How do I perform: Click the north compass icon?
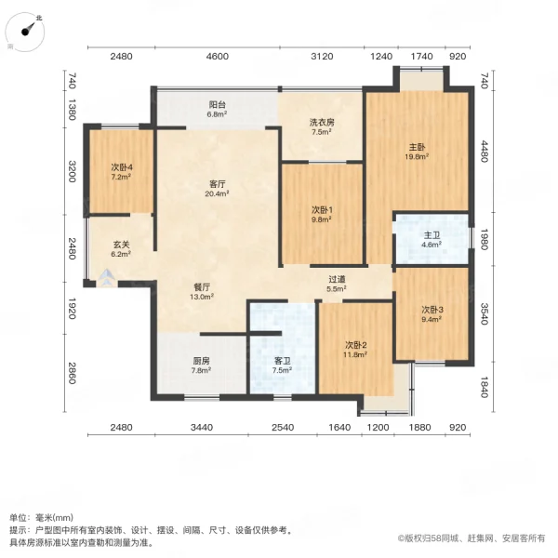(29, 29)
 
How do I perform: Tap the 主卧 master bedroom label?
(417, 147)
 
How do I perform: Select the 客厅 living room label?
(216, 183)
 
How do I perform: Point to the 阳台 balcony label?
(216, 104)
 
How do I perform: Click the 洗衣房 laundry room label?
(321, 121)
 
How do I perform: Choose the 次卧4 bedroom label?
(122, 166)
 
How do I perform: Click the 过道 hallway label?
(337, 278)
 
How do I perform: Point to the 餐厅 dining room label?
(203, 286)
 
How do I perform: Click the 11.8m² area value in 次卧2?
(356, 353)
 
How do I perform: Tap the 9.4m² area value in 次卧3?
(430, 319)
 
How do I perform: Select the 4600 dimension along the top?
(217, 57)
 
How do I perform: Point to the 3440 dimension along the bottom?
(202, 427)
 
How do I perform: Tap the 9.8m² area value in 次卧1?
(321, 220)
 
